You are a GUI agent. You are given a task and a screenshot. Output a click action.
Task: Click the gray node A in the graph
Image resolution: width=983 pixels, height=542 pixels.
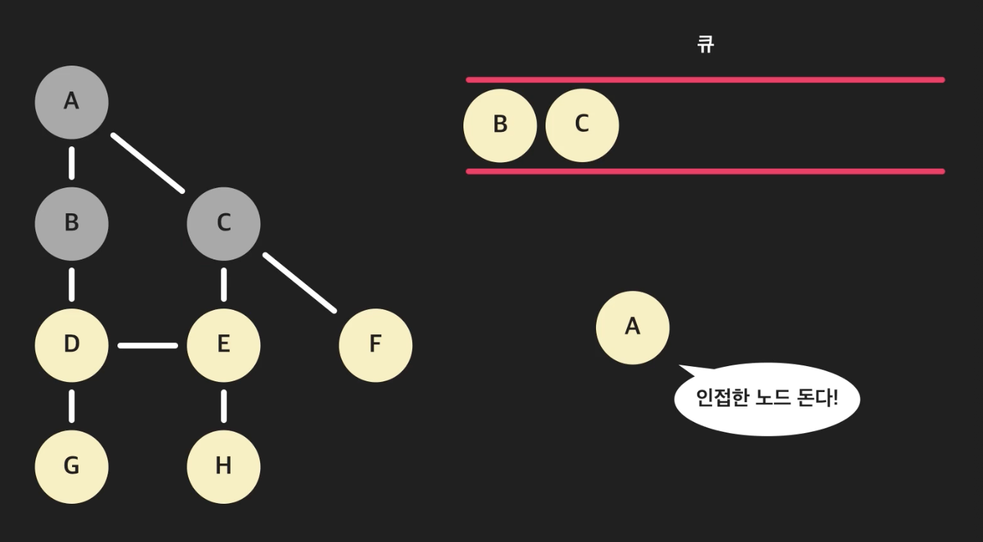pos(71,102)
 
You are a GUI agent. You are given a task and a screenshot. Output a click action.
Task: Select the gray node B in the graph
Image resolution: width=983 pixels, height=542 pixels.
pos(71,223)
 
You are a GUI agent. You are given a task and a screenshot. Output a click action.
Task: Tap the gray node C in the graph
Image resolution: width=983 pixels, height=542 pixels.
pos(223,223)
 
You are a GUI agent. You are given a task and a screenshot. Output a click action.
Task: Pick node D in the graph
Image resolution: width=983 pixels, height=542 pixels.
pos(71,345)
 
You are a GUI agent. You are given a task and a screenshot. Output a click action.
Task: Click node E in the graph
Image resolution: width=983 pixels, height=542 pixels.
pos(223,345)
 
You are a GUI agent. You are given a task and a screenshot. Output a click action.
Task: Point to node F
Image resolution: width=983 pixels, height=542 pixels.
pos(375,345)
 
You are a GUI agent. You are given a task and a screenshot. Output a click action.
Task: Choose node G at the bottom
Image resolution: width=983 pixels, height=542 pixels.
pos(71,466)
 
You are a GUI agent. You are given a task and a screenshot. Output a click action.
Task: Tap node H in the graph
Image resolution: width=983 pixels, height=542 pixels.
pos(223,466)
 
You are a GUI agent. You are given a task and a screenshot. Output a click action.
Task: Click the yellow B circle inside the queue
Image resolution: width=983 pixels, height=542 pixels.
pos(500,125)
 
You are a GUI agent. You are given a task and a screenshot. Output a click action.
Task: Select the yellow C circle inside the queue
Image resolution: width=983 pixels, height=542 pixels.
pos(582,125)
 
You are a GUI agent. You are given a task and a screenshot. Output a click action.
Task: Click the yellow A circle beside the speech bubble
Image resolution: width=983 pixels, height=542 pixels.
pos(632,327)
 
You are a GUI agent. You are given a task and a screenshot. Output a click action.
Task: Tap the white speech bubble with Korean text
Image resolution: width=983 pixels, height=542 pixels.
pos(767,398)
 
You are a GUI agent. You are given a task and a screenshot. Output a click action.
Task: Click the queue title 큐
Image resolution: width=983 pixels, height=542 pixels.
pos(705,45)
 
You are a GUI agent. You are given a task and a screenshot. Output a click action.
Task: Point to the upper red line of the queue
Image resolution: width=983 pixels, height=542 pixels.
pos(705,79)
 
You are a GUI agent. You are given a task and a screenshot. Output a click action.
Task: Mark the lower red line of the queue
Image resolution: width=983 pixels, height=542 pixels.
pos(705,171)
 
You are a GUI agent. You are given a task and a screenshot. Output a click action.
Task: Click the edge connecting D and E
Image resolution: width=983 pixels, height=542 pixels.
pos(148,345)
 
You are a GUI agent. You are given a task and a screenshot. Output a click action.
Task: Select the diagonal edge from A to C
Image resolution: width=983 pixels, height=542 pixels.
pos(148,163)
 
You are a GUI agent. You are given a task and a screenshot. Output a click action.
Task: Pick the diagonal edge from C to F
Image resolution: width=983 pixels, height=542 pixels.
pos(299,283)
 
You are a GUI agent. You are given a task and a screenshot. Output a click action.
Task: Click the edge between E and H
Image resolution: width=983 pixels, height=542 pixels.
pos(223,406)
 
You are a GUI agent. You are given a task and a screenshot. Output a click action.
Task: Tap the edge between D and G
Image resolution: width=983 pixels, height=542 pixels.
pos(71,406)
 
